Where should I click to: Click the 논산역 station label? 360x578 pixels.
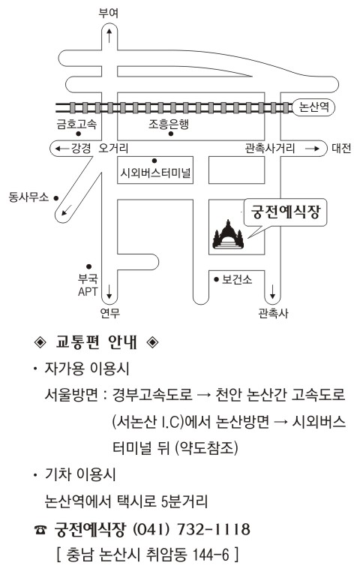point(313,107)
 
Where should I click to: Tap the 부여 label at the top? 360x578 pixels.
point(109,14)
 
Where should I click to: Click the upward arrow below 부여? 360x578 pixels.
point(109,35)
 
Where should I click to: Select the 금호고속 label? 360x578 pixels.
point(76,124)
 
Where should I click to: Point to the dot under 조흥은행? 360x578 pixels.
point(170,134)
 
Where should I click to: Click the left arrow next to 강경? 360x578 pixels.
point(62,149)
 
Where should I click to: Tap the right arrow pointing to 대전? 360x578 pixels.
point(313,149)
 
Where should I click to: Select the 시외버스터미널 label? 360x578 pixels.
point(155,172)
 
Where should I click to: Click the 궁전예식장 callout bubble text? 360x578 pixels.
point(286,212)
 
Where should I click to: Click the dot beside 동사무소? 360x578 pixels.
point(56,198)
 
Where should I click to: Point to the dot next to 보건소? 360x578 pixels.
point(216,279)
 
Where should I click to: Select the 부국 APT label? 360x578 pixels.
point(88,284)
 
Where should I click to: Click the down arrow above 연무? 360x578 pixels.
point(109,291)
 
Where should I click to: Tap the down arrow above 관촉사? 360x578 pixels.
point(273,291)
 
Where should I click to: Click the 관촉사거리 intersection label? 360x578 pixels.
point(270,148)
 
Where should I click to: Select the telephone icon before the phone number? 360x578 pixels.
point(40,530)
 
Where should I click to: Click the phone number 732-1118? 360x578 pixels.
point(214,529)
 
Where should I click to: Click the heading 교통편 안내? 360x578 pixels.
point(96,342)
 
